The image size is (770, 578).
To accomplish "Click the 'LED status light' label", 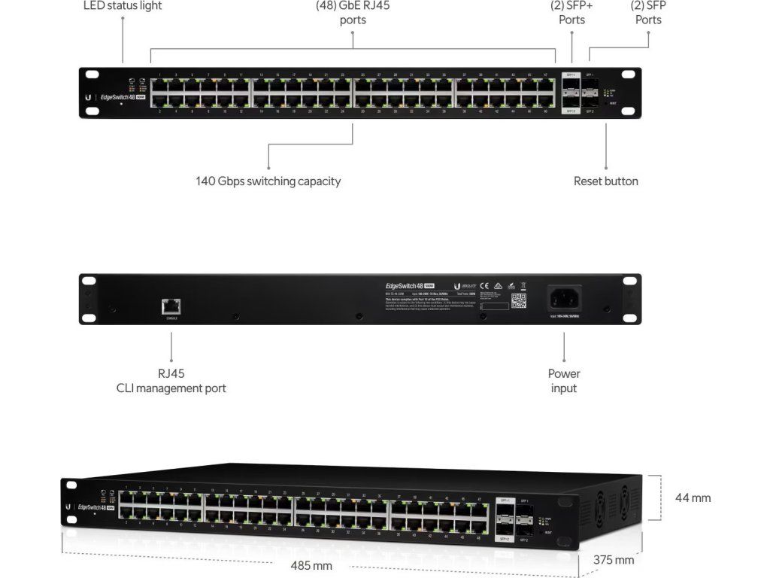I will [x=122, y=6].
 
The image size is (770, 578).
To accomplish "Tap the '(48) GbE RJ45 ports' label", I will [x=353, y=12].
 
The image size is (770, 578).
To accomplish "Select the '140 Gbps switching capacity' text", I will [x=268, y=181].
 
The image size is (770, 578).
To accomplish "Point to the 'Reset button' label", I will [x=605, y=181].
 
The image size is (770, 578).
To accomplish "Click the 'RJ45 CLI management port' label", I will [x=171, y=381].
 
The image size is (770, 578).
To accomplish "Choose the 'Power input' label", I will [x=563, y=381].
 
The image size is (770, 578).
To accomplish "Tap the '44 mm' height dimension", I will [x=693, y=498].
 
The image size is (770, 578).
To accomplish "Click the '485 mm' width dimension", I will [x=311, y=565].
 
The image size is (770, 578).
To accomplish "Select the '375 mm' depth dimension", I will [x=614, y=560].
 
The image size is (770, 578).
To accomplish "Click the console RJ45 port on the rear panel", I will [x=171, y=306].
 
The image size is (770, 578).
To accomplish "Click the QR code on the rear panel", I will [x=519, y=301].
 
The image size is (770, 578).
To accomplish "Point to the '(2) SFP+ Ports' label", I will [x=571, y=12].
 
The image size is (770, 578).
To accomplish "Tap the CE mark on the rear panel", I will [x=484, y=285].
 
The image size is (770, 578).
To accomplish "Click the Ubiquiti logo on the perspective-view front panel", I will [x=68, y=507].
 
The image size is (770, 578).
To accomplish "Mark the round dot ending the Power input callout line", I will [x=564, y=333].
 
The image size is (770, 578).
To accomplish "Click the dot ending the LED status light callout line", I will [x=123, y=62].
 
